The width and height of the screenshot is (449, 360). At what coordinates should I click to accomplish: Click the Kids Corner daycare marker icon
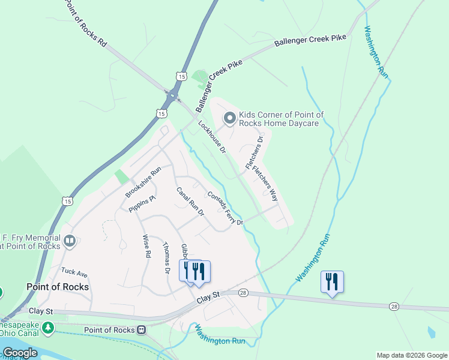[x=229, y=119]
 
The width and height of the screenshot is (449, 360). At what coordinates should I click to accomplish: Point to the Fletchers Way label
[x=265, y=183]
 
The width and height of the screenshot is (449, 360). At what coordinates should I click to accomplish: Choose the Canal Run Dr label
[x=190, y=202]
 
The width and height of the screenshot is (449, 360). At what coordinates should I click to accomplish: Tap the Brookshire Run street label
[x=143, y=182]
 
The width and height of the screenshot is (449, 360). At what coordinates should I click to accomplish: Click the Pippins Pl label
[x=142, y=204]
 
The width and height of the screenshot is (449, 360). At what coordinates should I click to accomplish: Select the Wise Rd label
[x=146, y=246]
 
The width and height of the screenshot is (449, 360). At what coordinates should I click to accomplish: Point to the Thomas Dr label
[x=167, y=259]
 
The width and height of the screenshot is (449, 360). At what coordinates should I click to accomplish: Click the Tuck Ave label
[x=74, y=273]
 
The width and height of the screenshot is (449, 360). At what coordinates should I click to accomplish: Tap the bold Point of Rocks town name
[x=58, y=287]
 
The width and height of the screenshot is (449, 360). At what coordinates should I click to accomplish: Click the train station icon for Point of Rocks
[x=142, y=330]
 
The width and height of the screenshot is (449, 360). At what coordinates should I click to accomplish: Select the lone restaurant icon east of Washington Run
[x=332, y=282]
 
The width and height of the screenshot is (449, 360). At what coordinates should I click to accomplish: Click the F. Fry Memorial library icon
[x=69, y=241]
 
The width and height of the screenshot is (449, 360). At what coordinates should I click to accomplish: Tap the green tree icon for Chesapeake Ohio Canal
[x=46, y=328]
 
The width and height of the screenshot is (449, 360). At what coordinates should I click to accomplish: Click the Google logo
[x=19, y=353]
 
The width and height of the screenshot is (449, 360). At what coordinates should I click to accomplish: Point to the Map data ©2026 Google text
[x=411, y=355]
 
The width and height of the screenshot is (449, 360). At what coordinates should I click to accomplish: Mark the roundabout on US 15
[x=173, y=95]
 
